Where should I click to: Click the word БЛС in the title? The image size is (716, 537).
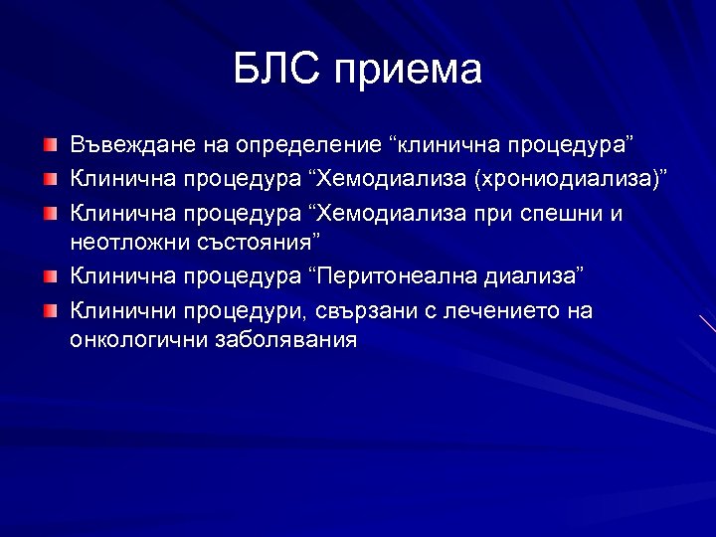[278, 70]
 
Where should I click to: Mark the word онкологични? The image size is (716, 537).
[138, 339]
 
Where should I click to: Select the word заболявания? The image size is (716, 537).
[285, 339]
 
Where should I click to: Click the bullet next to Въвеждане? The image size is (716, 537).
[50, 146]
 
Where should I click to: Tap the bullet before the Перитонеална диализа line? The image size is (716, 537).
[50, 275]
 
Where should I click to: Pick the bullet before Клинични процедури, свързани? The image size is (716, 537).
[50, 310]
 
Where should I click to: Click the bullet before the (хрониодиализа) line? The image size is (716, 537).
[50, 180]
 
